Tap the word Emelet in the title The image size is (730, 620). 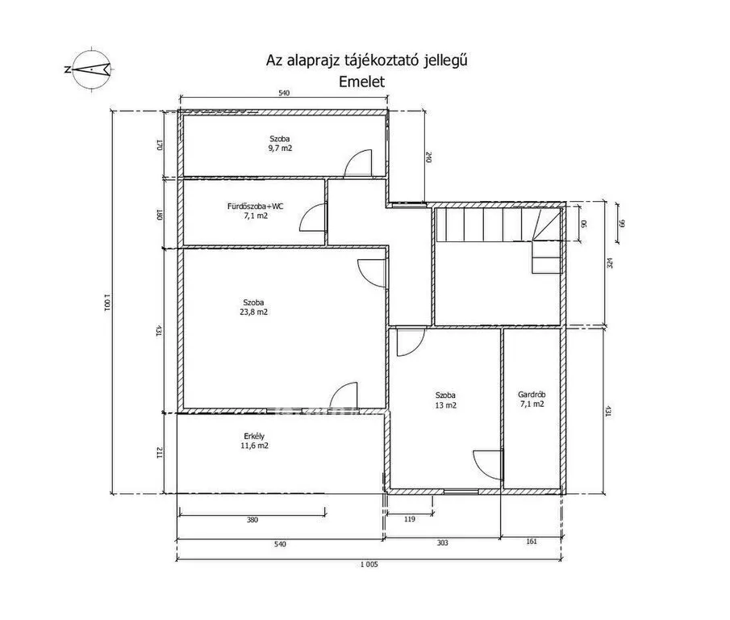tap(361, 82)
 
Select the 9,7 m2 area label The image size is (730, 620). tap(280, 148)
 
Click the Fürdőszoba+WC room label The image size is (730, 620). tap(255, 206)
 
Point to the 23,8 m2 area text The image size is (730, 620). tap(254, 312)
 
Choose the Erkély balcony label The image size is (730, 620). tap(254, 437)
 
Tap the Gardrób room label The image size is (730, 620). tap(532, 395)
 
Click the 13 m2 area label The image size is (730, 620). tap(445, 405)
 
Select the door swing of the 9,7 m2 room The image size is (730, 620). tap(358, 163)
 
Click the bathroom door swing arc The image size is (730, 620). tap(313, 217)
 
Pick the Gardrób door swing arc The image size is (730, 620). tap(488, 464)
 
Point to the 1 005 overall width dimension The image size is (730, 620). tap(369, 564)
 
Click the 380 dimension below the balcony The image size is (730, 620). tap(252, 520)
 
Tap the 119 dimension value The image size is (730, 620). tap(409, 519)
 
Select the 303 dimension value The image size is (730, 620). tap(442, 542)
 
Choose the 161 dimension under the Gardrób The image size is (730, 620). tap(532, 541)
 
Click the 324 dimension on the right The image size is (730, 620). tap(610, 263)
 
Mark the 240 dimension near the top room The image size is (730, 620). tap(428, 157)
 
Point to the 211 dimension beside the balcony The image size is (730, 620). tap(159, 452)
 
